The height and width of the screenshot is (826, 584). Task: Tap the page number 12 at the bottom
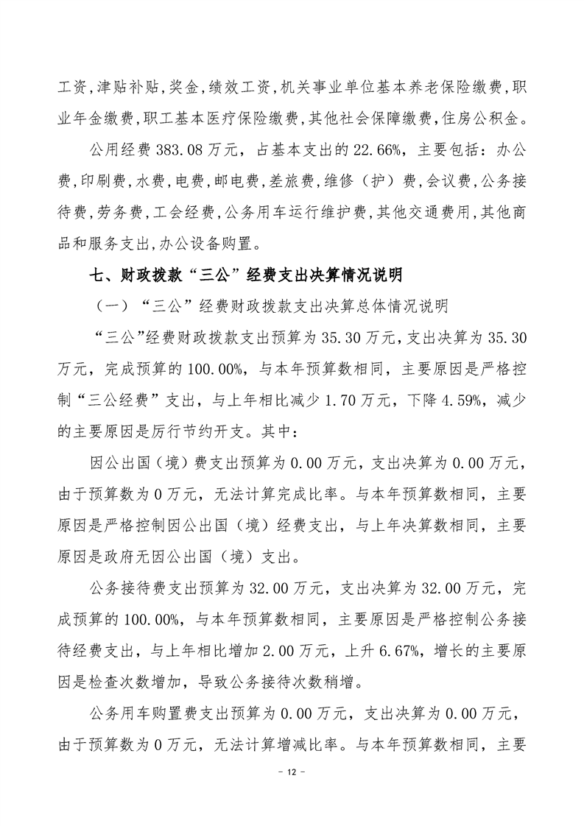tap(292, 792)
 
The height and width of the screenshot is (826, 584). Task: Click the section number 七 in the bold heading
tap(95, 275)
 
